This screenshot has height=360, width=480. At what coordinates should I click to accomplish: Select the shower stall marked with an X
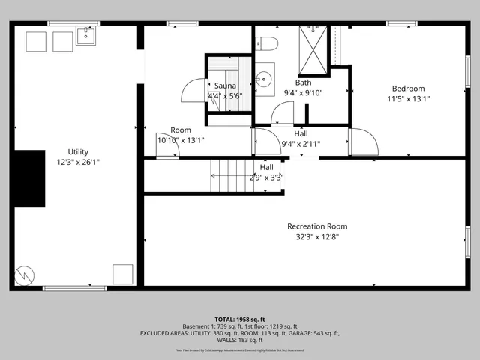tap(313, 51)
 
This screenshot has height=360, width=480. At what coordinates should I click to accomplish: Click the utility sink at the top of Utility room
tap(85, 35)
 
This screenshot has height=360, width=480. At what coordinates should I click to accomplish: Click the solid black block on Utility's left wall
tap(29, 178)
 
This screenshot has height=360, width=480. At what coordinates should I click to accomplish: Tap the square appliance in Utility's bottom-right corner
tap(122, 273)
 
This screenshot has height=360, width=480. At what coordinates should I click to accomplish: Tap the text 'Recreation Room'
tap(317, 226)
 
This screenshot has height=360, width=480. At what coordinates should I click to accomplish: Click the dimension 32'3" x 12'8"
tap(317, 237)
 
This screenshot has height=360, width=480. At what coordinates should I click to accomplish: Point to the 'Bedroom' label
tap(408, 88)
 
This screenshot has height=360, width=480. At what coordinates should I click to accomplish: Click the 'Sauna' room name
tap(225, 85)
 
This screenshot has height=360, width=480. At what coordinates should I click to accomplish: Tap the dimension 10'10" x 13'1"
tap(180, 140)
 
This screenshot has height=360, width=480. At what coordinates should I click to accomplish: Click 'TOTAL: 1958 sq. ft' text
tap(240, 318)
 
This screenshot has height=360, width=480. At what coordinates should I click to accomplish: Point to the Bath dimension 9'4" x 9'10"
tap(304, 92)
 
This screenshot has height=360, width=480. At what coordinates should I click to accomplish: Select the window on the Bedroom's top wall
tap(402, 24)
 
